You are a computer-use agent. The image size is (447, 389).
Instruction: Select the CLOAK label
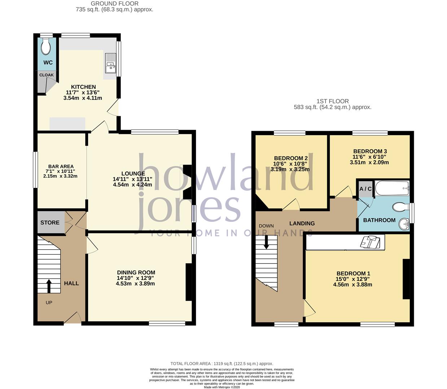(46, 75)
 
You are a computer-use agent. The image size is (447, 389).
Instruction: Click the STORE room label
(50, 223)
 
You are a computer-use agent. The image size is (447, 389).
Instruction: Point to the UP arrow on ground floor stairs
(49, 287)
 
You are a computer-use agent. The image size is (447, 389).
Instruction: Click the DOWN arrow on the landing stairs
(267, 242)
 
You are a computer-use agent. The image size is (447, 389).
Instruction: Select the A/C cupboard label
(365, 189)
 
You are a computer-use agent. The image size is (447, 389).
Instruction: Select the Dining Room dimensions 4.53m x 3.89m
(135, 283)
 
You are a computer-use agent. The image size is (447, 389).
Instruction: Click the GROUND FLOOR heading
(114, 4)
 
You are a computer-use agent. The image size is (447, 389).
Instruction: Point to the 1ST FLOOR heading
(332, 102)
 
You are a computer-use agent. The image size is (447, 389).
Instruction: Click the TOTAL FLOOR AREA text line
(222, 364)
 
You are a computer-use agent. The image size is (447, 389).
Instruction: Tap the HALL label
(71, 283)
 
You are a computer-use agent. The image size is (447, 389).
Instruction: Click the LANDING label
(302, 223)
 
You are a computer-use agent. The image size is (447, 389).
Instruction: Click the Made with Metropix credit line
(222, 387)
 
